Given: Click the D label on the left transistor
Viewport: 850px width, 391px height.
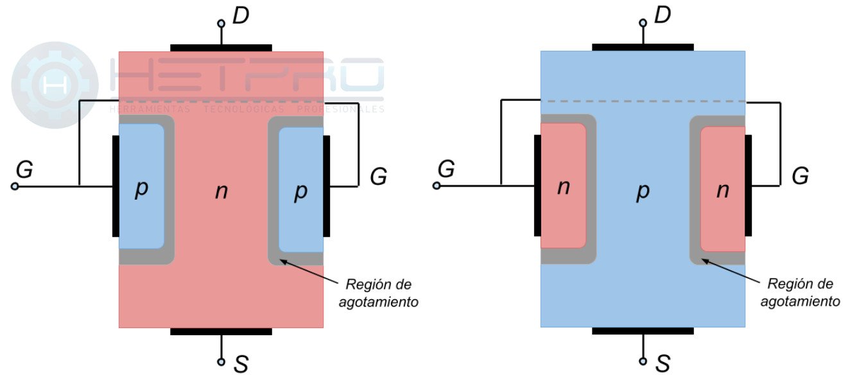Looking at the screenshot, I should point(241,16).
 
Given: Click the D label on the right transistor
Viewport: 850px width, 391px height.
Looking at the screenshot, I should point(663,16).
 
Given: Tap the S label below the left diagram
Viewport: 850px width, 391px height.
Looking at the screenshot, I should point(241,365).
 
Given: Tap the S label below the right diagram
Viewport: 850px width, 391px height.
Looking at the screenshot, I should point(663,365).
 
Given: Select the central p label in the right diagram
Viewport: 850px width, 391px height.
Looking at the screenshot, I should point(643,191).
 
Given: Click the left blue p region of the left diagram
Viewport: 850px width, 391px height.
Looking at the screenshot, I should point(141,186).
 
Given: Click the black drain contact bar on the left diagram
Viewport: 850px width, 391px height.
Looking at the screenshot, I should point(221,48).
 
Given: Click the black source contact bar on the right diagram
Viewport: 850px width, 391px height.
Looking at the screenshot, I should point(643,331).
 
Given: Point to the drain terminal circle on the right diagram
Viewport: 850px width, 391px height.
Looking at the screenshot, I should point(643,23).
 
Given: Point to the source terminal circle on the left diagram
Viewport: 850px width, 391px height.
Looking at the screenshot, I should point(221,362).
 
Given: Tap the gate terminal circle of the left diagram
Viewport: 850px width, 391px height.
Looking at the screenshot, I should point(15,186).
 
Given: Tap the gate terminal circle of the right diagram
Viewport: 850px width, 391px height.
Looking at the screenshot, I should point(437,186).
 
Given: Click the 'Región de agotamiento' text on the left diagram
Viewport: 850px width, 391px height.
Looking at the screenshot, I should point(379,293).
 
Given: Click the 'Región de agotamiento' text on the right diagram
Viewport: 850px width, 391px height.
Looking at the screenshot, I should point(800,293).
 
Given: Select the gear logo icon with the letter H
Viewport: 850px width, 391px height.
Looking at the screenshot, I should point(55,85).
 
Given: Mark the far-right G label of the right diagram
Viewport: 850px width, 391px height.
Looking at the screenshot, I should point(800,176).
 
